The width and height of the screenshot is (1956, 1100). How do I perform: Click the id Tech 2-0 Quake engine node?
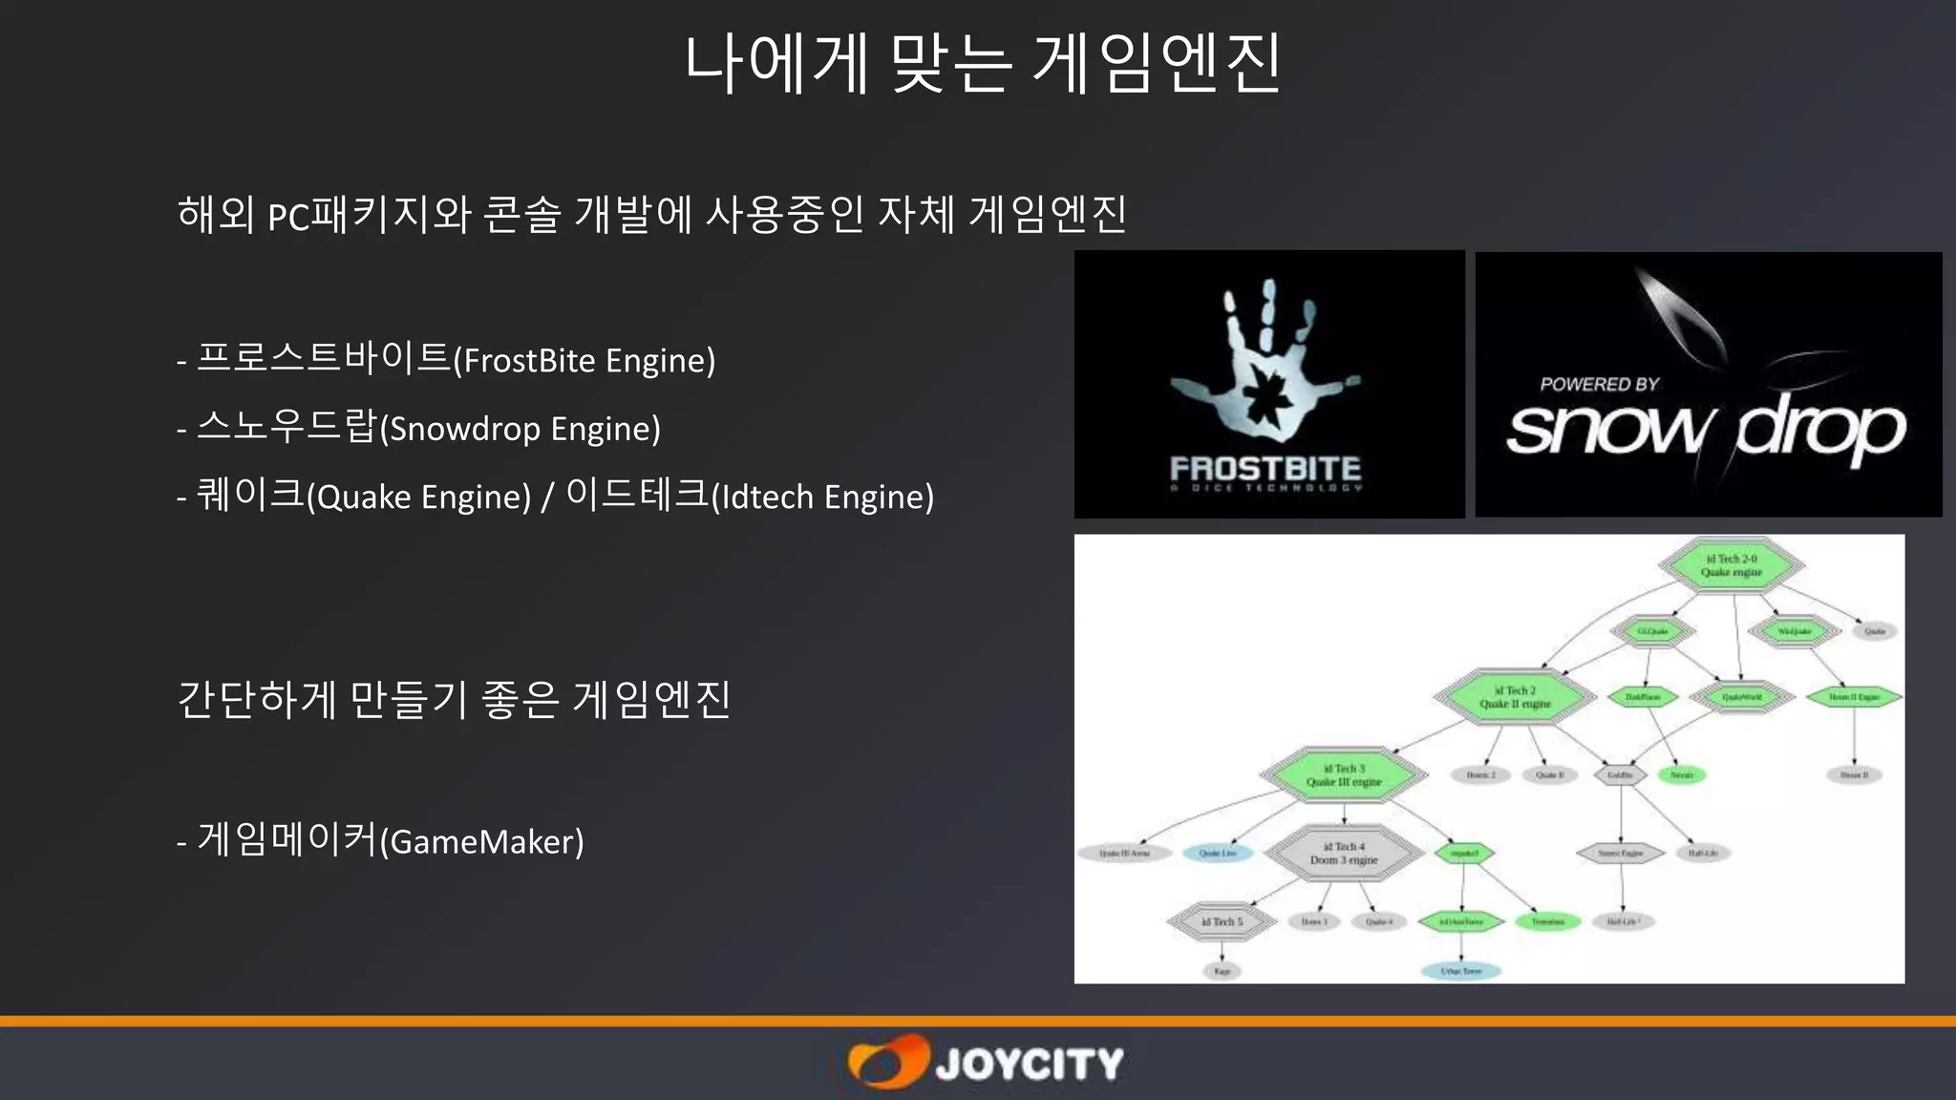pyautogui.click(x=1731, y=565)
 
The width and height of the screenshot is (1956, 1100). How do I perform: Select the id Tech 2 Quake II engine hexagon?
pyautogui.click(x=1515, y=697)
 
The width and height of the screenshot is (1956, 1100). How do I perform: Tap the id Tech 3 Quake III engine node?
pyautogui.click(x=1344, y=775)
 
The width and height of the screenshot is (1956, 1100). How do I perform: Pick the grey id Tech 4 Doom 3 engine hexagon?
pyautogui.click(x=1344, y=854)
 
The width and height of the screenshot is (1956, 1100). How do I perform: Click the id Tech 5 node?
pyautogui.click(x=1222, y=922)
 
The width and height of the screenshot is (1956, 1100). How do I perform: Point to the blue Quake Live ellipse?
pyautogui.click(x=1218, y=854)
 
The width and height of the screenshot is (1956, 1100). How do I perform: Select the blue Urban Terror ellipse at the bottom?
pyautogui.click(x=1461, y=971)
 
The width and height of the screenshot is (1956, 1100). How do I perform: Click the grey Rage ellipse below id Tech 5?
pyautogui.click(x=1222, y=971)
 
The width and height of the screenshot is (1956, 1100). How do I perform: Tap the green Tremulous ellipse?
pyautogui.click(x=1547, y=922)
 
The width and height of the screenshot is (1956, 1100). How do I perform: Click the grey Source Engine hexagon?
pyautogui.click(x=1621, y=854)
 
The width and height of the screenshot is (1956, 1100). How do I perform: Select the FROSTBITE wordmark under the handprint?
pyautogui.click(x=1265, y=469)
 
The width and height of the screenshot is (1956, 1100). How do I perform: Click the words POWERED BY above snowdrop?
pyautogui.click(x=1600, y=384)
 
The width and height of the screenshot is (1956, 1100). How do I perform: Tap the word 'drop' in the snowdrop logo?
pyautogui.click(x=1819, y=430)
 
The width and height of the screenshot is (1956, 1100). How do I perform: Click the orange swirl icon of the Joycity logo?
pyautogui.click(x=886, y=1062)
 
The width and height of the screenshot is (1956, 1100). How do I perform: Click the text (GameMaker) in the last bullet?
pyautogui.click(x=481, y=842)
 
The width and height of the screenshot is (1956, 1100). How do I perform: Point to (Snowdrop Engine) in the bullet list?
pyautogui.click(x=521, y=429)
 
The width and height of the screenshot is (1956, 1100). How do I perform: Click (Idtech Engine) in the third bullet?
pyautogui.click(x=822, y=497)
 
